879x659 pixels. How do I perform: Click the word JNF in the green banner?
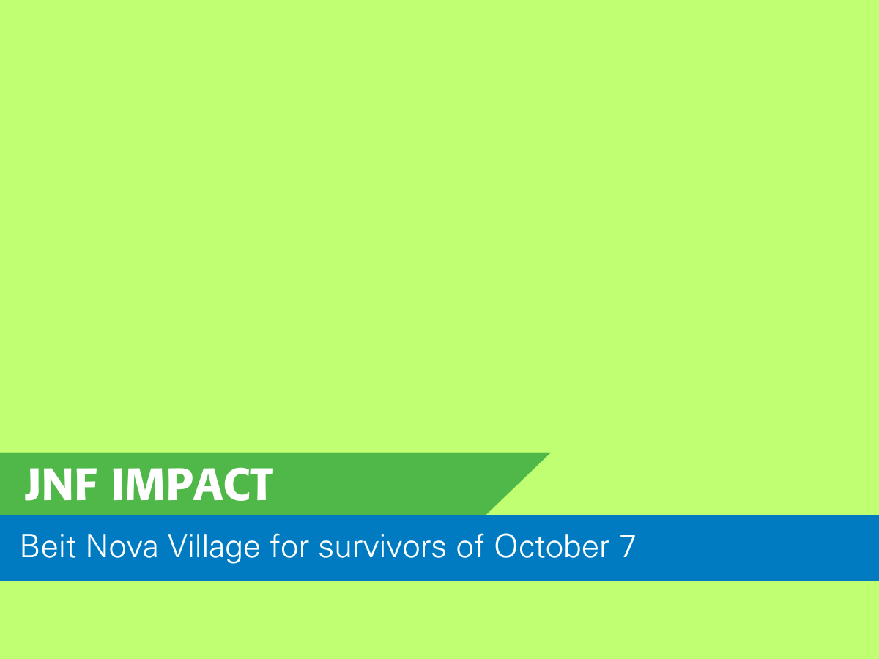coord(61,485)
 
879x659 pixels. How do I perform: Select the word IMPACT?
coord(193,485)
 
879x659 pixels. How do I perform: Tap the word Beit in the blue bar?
coord(48,546)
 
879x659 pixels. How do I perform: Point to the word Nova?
coord(122,546)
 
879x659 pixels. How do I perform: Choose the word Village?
coord(214,548)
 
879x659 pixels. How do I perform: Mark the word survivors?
coord(382,546)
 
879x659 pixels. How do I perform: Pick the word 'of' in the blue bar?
coord(470,546)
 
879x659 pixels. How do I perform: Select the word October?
coord(552,546)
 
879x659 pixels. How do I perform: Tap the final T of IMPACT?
coord(261,485)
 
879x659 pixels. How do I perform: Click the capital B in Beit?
coord(29,546)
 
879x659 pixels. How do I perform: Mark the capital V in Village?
coord(178,546)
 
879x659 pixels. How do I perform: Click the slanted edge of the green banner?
coord(518,484)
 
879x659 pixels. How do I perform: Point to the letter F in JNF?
coord(87,485)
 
